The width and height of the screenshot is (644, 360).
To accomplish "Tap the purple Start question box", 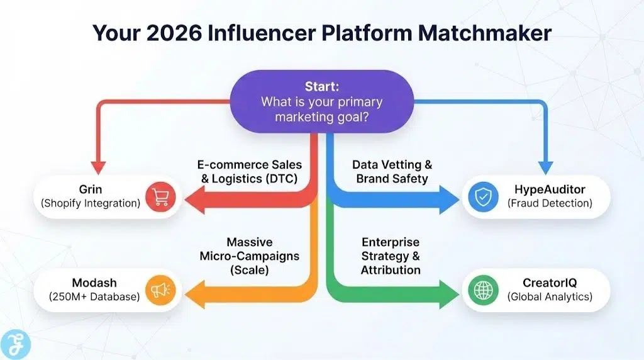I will (x=321, y=101).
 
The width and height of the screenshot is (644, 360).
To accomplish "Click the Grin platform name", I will (x=91, y=189).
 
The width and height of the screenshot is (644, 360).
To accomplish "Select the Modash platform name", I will (x=91, y=283).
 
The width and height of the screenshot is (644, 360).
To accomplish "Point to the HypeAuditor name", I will (x=550, y=189).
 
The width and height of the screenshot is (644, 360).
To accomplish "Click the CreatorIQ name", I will (x=550, y=283).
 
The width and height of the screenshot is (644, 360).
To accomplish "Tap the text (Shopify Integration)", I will (x=91, y=203).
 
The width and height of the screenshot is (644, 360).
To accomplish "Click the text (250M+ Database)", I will (x=91, y=296).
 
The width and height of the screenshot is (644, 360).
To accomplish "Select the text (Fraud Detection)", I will (x=550, y=203).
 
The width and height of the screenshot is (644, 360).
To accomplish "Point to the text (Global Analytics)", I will (x=550, y=296).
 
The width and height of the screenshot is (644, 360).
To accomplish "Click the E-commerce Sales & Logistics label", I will (x=250, y=171).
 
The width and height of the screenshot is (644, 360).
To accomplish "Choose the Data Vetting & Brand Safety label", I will (x=392, y=171).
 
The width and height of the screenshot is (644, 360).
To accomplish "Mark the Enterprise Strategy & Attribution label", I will (x=391, y=256).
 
